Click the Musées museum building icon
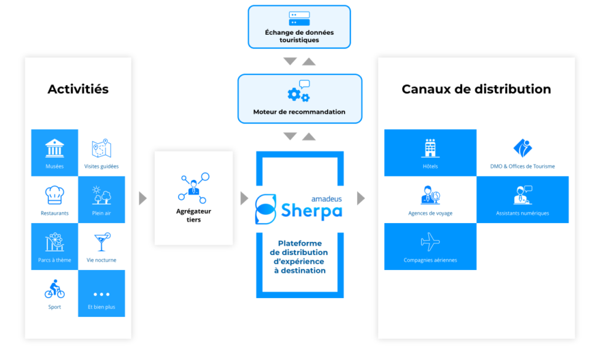tap(55, 148)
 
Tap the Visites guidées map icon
tap(101, 148)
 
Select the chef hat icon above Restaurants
tap(55, 195)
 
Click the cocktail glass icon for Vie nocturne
tap(102, 242)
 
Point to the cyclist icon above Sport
tap(55, 289)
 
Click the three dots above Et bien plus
tap(101, 294)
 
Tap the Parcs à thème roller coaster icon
tap(55, 242)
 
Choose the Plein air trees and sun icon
tap(101, 195)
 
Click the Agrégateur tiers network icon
tap(194, 188)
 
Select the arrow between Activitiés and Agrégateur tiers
tap(143, 198)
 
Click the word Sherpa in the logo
tap(311, 211)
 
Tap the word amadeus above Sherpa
tap(326, 199)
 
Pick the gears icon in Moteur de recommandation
tap(298, 91)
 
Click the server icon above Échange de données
tap(299, 19)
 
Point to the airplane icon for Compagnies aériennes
tap(430, 242)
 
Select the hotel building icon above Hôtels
tap(430, 148)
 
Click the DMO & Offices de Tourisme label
tap(523, 166)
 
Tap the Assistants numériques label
tap(523, 214)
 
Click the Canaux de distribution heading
tap(476, 89)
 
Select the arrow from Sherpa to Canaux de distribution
tap(361, 198)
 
